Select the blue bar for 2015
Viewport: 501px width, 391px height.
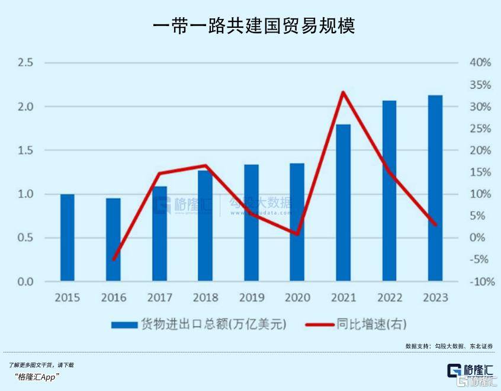point(68,237)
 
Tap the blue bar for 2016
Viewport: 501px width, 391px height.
point(113,239)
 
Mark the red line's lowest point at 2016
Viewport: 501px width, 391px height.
point(113,259)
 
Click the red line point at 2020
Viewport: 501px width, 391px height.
point(297,234)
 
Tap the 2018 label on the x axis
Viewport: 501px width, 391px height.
point(205,297)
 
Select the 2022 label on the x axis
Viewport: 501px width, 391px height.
point(389,297)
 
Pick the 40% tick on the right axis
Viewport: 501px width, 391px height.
point(481,63)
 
